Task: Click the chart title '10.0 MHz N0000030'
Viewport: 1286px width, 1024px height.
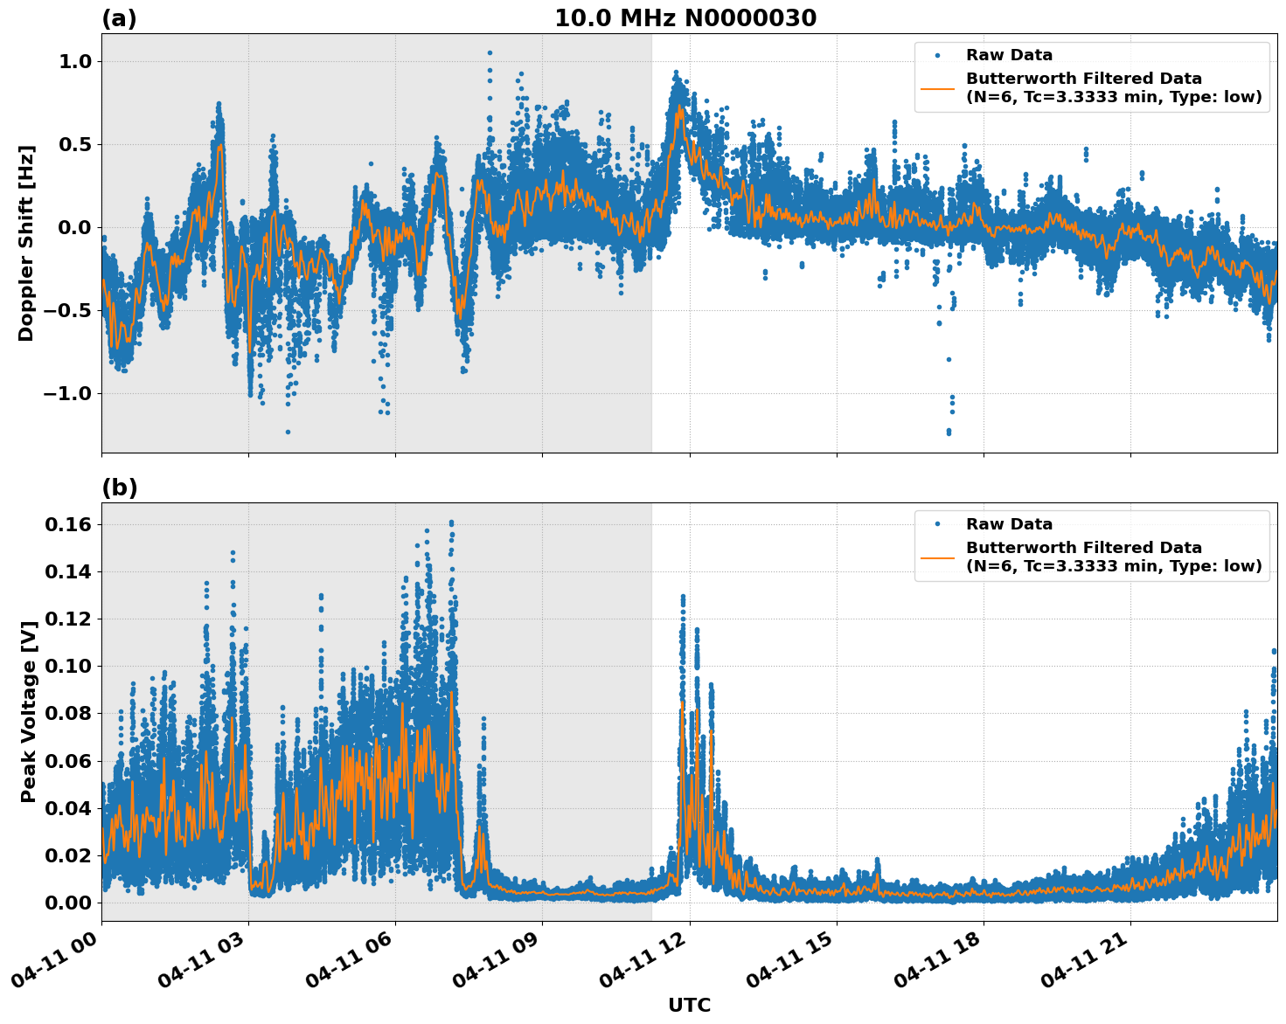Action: [x=685, y=18]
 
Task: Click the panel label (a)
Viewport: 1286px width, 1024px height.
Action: [x=119, y=18]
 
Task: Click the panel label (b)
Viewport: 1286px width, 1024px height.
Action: [x=119, y=488]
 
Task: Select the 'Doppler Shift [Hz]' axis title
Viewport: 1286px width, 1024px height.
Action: [x=26, y=243]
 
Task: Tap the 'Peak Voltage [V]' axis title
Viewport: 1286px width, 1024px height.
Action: [x=29, y=712]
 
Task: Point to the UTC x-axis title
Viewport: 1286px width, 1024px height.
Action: [x=689, y=1005]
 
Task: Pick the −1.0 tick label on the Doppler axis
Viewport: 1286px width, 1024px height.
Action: [x=67, y=393]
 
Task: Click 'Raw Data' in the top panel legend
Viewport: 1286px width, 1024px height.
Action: [x=1009, y=55]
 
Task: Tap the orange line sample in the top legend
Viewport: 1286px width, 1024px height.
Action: [x=937, y=87]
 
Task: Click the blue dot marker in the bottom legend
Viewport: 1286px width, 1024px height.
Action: [x=937, y=524]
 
